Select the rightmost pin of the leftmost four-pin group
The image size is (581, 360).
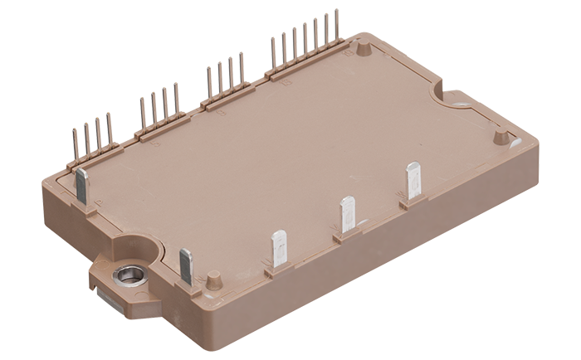coord(109,134)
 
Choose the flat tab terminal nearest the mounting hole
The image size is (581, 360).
coord(186,267)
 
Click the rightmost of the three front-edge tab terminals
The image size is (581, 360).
coord(413,181)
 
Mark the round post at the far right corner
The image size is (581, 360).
coord(500,135)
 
